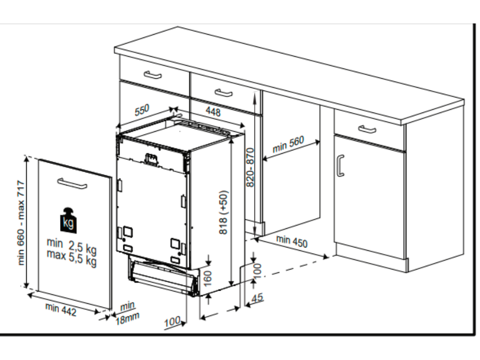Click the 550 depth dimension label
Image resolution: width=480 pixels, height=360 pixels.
point(142,110)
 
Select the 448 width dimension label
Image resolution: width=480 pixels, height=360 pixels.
point(213,112)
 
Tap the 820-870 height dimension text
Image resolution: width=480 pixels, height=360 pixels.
point(250,167)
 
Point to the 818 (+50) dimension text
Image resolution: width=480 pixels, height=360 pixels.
point(224,212)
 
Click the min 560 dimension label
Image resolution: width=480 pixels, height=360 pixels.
point(288,144)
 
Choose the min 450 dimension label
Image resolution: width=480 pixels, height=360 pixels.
point(292,241)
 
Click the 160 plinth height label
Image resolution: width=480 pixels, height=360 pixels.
point(208,278)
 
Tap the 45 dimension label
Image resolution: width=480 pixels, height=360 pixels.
point(257,298)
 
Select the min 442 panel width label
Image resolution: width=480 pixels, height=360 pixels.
point(60,309)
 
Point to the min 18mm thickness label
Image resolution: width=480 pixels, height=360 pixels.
point(127,313)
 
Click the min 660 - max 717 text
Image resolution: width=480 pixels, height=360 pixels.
point(21,223)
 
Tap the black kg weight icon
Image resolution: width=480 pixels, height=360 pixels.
point(68,220)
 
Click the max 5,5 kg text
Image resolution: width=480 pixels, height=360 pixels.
point(72,258)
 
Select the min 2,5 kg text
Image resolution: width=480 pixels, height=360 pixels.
point(72,246)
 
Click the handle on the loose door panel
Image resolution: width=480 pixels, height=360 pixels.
point(72,183)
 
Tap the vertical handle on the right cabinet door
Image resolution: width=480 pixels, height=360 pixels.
point(340,165)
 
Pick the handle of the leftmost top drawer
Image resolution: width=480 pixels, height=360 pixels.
point(153,75)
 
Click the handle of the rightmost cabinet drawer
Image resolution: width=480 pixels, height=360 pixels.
point(367,129)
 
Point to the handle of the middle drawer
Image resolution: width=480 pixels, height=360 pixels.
point(224,93)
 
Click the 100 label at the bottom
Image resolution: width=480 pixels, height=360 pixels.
point(172,322)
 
